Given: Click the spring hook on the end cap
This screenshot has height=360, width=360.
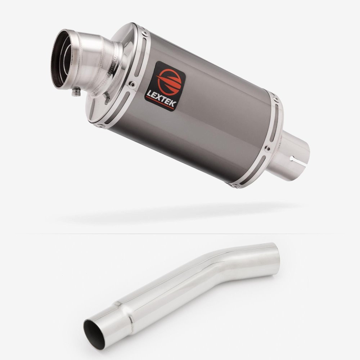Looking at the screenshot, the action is point(106,98).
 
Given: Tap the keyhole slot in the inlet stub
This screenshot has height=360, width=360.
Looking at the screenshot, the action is point(298,161).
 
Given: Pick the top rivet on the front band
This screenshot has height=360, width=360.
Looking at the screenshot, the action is point(145,33).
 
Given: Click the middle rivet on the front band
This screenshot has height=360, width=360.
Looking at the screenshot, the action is point(132,84).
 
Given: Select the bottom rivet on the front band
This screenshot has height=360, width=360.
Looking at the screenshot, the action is point(100,126).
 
